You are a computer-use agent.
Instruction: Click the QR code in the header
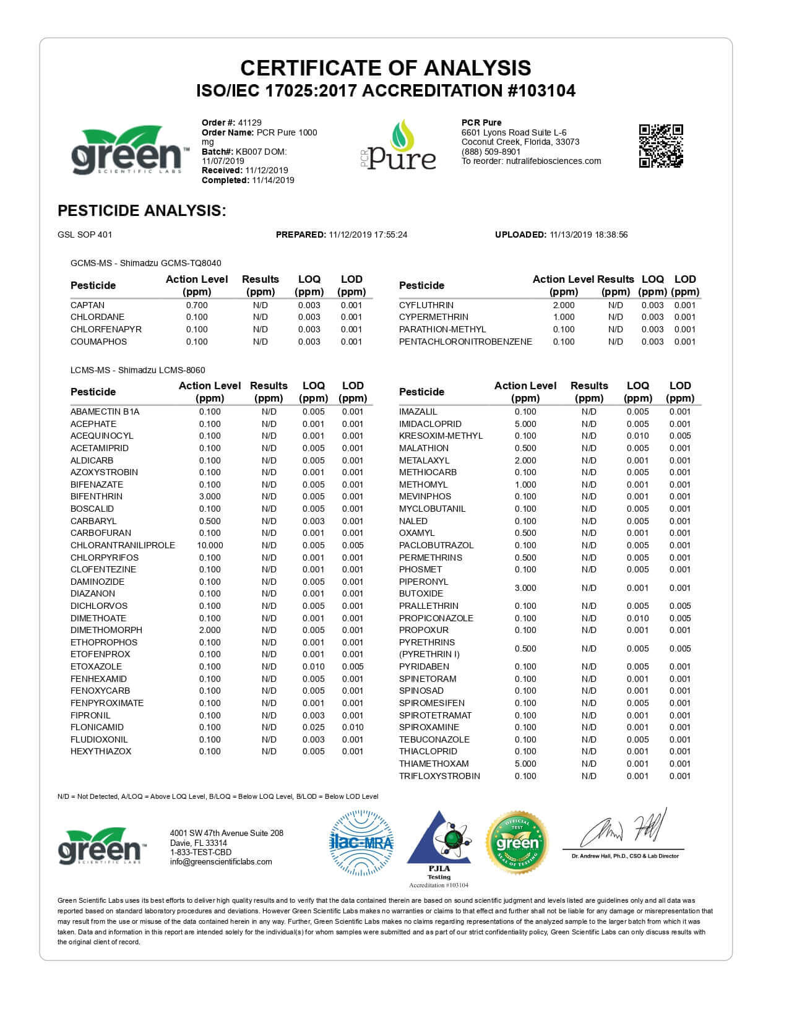(661, 146)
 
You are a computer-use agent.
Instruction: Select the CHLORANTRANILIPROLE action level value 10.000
(210, 545)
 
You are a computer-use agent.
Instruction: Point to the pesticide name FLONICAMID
(97, 727)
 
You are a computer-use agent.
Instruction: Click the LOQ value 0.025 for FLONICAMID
(313, 727)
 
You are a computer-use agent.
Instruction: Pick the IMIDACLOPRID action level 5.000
(525, 424)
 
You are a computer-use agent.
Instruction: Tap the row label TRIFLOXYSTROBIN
(439, 776)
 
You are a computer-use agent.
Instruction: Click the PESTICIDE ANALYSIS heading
(142, 210)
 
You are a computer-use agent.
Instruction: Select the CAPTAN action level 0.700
(197, 305)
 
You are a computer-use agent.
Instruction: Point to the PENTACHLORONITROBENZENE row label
(465, 342)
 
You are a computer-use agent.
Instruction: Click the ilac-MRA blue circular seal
(361, 843)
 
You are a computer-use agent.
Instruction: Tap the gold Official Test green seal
(517, 843)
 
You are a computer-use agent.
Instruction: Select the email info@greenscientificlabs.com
(221, 861)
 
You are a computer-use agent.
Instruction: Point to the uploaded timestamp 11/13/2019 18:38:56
(589, 235)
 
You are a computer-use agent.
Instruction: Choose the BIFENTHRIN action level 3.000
(210, 496)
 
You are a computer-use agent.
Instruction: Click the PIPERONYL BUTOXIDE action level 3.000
(525, 588)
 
